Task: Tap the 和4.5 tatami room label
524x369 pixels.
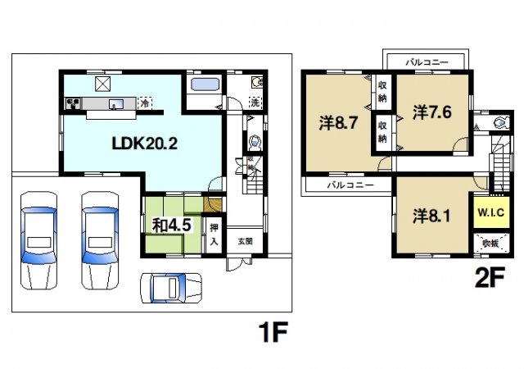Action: (x=170, y=223)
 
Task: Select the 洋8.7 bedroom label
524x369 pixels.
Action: (x=337, y=124)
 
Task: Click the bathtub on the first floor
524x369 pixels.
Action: (x=201, y=84)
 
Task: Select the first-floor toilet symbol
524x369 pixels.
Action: (x=253, y=142)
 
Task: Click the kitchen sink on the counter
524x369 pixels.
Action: (x=115, y=103)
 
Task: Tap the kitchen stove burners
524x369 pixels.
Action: (x=72, y=103)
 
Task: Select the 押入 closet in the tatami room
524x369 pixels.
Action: (x=213, y=233)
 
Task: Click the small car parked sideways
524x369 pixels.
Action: (x=169, y=288)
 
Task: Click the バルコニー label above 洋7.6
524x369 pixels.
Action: (x=427, y=62)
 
